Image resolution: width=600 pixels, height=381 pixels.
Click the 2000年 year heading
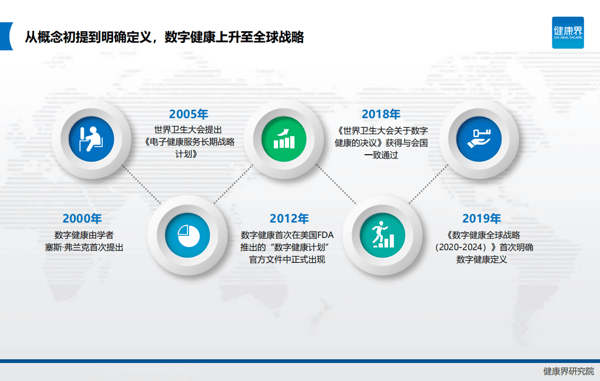(x=82, y=218)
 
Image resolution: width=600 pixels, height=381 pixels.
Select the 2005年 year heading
(x=189, y=114)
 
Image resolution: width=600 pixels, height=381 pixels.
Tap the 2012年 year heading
(x=289, y=218)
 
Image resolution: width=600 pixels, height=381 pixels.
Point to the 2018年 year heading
(x=381, y=114)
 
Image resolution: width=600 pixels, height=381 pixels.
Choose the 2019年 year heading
(x=482, y=218)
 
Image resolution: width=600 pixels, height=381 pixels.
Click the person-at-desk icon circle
(x=92, y=139)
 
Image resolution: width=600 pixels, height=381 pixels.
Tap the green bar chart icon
(x=284, y=139)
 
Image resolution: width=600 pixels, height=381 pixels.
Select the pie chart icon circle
(x=187, y=235)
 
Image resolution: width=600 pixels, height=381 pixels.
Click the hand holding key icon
(x=479, y=139)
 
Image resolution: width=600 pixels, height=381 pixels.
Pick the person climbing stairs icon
(x=382, y=235)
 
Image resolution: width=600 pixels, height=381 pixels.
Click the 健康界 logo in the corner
(x=568, y=32)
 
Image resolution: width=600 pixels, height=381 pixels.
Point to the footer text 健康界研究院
(x=569, y=371)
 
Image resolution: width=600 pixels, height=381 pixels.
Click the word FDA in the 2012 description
(x=326, y=235)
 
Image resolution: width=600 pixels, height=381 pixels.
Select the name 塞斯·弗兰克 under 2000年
(x=67, y=247)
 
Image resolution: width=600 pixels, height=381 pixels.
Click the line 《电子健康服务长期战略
(x=189, y=142)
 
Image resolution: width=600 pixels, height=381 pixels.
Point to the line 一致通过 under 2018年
(x=381, y=155)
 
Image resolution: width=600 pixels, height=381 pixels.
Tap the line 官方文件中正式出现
(x=287, y=260)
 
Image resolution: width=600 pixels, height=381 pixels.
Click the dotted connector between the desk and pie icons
(x=141, y=184)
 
